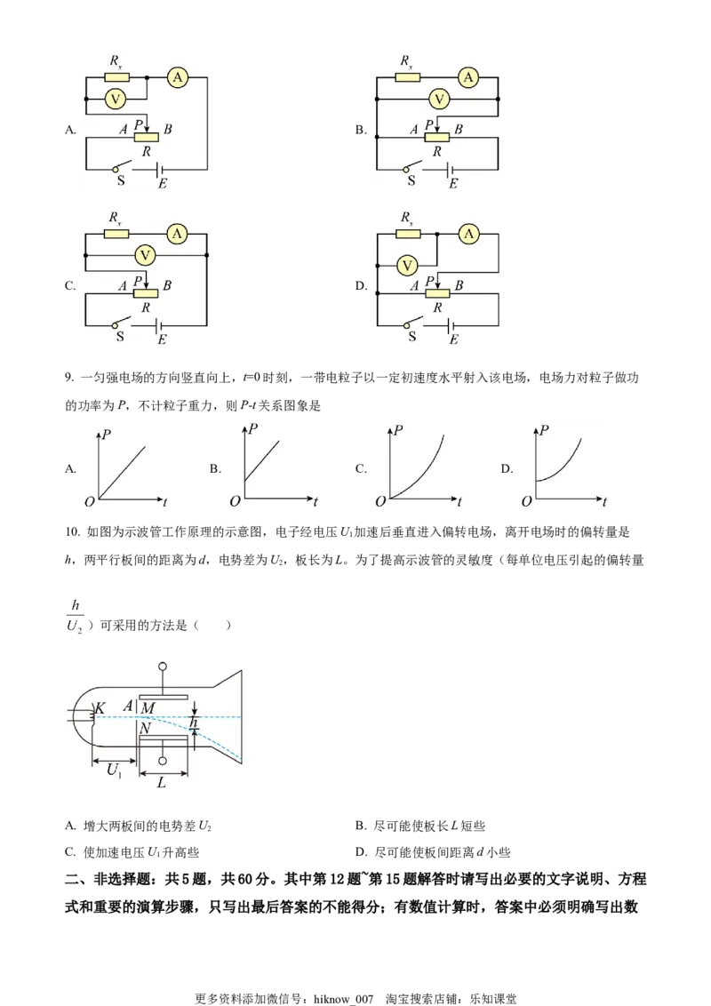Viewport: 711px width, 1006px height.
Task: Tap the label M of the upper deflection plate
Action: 148,707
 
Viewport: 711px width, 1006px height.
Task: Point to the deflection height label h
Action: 195,723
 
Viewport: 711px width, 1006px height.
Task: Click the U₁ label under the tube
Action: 115,770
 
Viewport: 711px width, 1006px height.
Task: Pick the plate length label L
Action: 161,784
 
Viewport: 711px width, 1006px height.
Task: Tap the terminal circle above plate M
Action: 162,667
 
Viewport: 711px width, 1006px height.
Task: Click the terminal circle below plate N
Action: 162,761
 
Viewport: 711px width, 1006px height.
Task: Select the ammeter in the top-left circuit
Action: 178,78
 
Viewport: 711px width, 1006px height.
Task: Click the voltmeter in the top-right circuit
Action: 435,99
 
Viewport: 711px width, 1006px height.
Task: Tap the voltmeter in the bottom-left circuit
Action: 145,256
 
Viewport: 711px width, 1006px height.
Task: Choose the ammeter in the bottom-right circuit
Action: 468,235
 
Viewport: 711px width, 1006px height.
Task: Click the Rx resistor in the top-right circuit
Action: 408,77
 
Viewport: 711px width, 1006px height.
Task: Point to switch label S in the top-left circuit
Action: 121,181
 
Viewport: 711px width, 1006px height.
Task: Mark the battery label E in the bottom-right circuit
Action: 453,340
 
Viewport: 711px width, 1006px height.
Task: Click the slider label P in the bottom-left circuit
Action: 139,277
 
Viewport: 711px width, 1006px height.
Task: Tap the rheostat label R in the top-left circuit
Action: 146,152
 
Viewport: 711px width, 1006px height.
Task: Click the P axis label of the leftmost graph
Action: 107,432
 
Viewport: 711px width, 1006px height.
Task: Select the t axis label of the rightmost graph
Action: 605,502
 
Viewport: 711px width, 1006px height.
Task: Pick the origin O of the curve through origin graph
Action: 379,502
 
